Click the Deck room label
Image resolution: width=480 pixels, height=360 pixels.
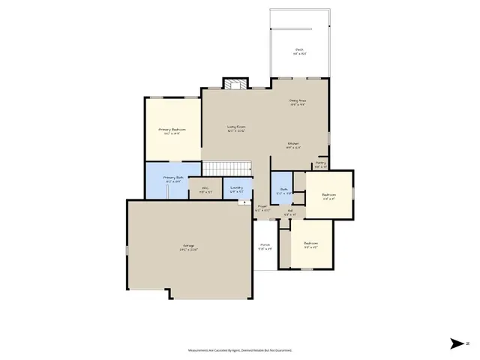pyautogui.click(x=298, y=51)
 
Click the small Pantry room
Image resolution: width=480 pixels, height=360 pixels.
pyautogui.click(x=320, y=163)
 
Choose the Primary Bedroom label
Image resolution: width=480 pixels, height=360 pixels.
pyautogui.click(x=172, y=130)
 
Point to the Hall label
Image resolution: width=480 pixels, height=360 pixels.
pyautogui.click(x=290, y=212)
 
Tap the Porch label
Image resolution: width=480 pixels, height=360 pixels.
pyautogui.click(x=265, y=246)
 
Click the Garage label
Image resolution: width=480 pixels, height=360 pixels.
pyautogui.click(x=188, y=247)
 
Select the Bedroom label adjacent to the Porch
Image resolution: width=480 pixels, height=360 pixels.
pyautogui.click(x=310, y=244)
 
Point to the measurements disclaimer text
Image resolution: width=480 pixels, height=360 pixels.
pyautogui.click(x=239, y=350)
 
